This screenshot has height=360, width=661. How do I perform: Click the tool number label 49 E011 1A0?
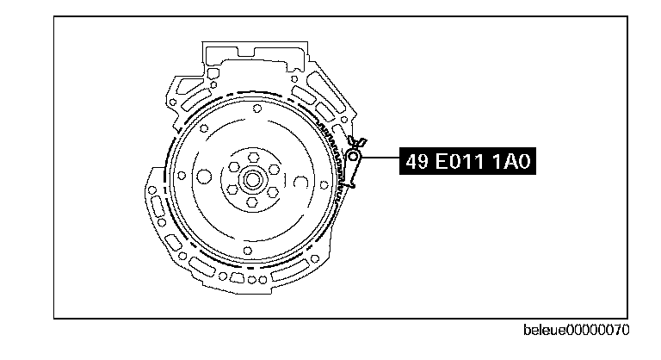[x=467, y=161]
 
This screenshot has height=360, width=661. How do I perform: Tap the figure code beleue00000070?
[x=577, y=330]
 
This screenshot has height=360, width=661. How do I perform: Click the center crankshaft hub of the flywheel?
[x=252, y=180]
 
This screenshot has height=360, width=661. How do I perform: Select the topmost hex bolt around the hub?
[x=253, y=158]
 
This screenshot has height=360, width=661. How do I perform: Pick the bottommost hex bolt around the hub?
[x=252, y=202]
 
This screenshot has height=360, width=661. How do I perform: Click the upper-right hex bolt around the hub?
[x=274, y=170]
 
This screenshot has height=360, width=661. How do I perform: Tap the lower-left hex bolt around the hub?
[x=232, y=190]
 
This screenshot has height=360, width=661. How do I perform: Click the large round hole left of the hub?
[x=205, y=177]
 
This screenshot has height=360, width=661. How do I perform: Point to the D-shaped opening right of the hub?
[x=300, y=182]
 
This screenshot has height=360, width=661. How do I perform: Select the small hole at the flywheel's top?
[x=257, y=109]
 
